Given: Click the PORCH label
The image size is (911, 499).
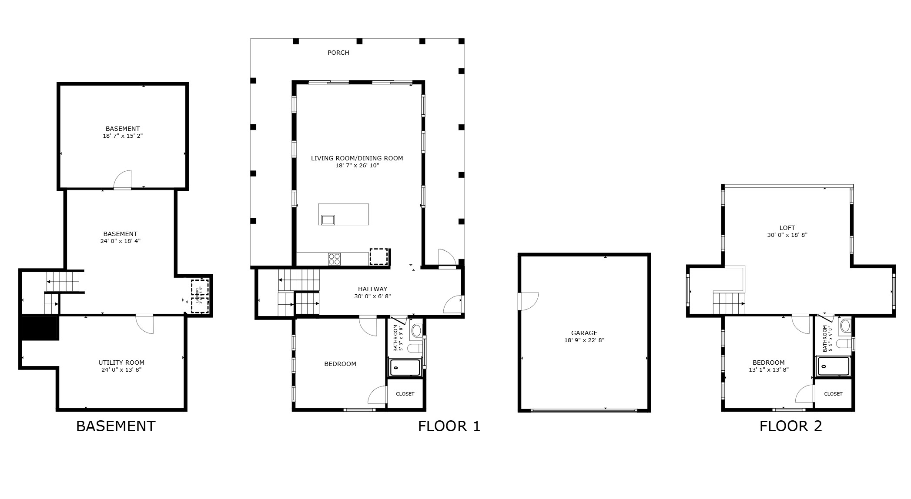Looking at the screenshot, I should click(338, 53).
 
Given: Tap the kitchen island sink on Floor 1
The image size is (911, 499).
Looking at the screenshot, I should click(328, 220).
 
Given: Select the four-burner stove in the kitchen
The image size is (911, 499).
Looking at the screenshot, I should click(334, 259).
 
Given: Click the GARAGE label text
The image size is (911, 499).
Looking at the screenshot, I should click(584, 333).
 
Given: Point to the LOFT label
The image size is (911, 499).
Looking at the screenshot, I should click(787, 228).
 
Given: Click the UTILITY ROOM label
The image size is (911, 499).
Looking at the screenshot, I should click(121, 363).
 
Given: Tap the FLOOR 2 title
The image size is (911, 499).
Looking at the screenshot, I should click(790, 426).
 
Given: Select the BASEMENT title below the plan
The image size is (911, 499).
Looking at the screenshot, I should click(116, 426).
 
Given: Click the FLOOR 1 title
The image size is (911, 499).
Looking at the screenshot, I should click(449, 426).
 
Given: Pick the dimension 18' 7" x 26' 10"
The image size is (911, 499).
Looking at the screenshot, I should click(357, 166).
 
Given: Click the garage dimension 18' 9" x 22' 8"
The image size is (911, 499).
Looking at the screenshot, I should click(584, 340).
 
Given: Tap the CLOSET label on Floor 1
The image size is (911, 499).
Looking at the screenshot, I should click(405, 394).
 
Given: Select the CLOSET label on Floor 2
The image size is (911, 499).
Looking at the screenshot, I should click(833, 394).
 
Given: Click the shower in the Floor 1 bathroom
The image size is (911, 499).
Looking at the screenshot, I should click(405, 367).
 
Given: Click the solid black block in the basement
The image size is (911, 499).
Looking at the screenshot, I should click(40, 328).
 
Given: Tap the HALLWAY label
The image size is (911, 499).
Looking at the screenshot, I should click(372, 289).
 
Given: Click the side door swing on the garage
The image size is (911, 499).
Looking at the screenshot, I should click(528, 301).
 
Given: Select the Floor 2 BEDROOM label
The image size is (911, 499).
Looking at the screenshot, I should click(768, 363).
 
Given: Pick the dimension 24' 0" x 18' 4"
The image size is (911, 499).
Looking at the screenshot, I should click(120, 241).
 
